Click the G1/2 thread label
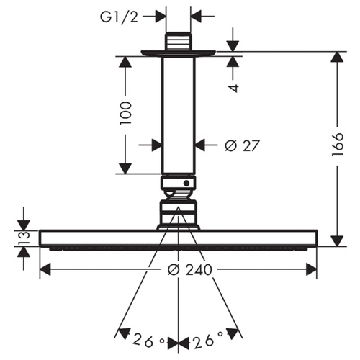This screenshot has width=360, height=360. pos(120,17)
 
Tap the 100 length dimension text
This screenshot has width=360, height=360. pos(127,113)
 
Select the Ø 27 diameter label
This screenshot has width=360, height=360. pos(242,145)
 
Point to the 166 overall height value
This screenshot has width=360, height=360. pos(338,145)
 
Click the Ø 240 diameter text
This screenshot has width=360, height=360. pos(190,269)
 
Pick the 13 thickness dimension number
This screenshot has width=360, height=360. pos(24,238)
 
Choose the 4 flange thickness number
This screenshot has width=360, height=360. pos(233,88)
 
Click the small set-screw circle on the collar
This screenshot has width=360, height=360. pos(186,184)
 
